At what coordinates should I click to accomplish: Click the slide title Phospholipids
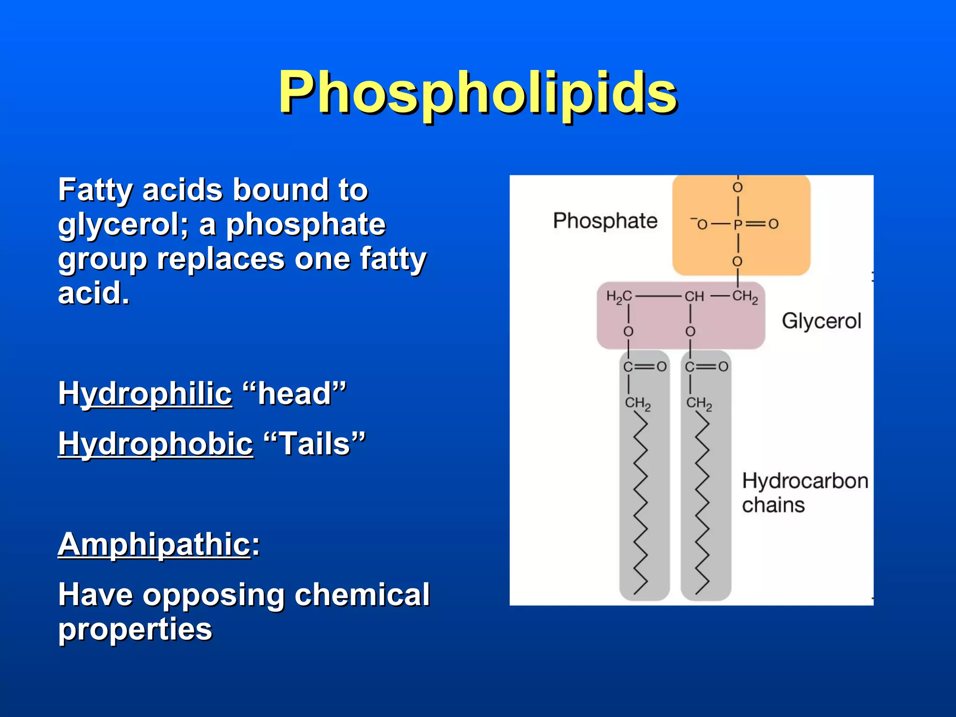478,92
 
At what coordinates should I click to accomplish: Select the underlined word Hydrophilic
145,394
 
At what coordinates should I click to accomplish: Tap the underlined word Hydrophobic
155,443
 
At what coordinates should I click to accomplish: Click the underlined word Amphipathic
155,544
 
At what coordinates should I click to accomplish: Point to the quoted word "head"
295,394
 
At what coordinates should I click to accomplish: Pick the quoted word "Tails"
315,443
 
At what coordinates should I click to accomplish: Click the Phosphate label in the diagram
605,221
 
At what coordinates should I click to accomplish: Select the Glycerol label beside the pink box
821,321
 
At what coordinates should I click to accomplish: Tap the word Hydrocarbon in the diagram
805,481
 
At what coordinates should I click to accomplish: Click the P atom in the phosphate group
738,225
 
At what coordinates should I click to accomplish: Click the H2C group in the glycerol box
619,296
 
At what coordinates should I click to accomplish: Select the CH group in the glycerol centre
694,296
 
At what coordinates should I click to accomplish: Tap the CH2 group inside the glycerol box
745,296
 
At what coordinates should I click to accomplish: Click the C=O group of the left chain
645,367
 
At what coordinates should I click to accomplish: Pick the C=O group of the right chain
706,367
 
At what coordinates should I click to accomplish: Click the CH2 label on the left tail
638,404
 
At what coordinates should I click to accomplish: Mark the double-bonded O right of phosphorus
773,224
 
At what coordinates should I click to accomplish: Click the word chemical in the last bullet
362,595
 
